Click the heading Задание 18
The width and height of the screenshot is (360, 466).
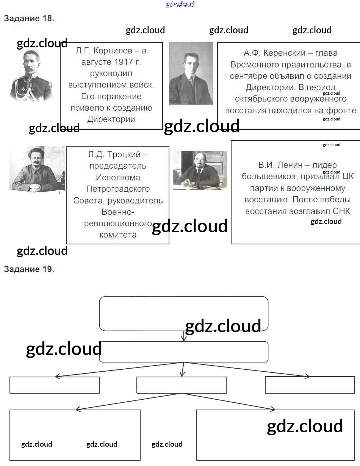tap(29, 18)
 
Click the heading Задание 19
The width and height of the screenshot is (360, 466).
tap(29, 269)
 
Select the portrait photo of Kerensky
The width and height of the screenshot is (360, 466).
tap(191, 73)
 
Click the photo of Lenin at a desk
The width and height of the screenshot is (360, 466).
tap(200, 170)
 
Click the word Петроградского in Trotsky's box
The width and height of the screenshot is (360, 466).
tap(118, 189)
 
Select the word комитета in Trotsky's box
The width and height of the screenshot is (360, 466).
tap(118, 235)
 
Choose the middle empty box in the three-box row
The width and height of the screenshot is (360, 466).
tap(181, 385)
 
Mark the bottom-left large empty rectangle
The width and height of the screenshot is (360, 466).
tap(75, 435)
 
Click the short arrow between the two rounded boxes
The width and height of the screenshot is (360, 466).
tap(184, 336)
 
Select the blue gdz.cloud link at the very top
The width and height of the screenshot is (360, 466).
tap(180, 5)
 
